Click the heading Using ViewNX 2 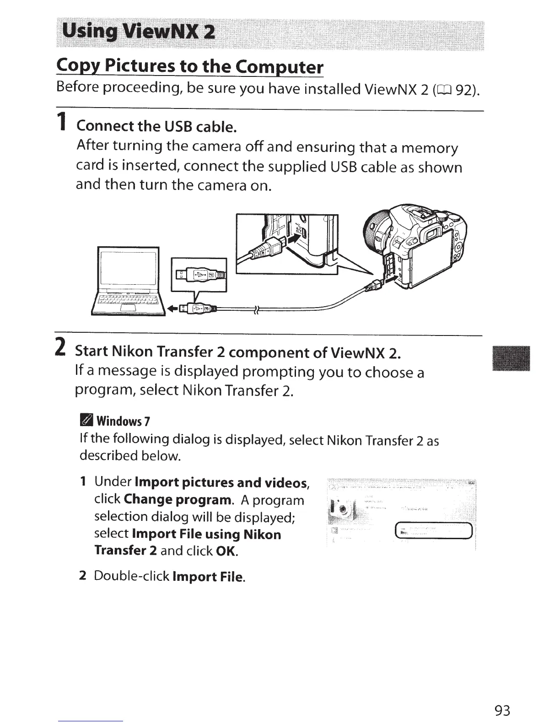click(x=138, y=32)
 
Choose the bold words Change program click(x=177, y=499)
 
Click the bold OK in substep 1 click(x=227, y=551)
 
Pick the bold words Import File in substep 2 click(x=209, y=577)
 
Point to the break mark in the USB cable click(x=256, y=310)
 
